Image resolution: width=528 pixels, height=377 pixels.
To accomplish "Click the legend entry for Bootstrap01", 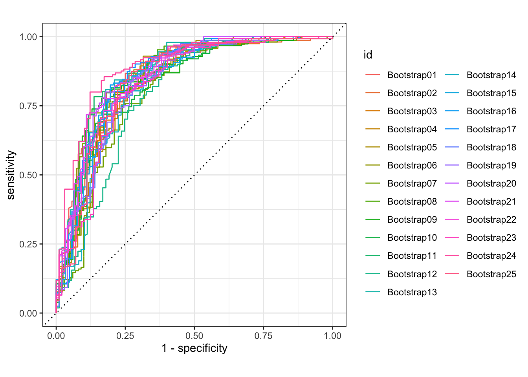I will click(412, 75).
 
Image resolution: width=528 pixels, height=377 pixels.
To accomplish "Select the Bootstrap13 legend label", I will click(412, 292).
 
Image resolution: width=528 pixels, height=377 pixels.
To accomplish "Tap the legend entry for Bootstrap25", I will click(491, 274).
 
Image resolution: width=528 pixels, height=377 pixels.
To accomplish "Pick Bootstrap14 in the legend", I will click(491, 75).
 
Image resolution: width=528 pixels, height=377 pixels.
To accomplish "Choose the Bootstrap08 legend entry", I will click(412, 201).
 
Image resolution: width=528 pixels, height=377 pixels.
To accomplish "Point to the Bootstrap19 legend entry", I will click(491, 165).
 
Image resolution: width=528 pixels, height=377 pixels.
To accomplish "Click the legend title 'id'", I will click(368, 55).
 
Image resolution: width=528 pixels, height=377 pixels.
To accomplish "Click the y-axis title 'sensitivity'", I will click(11, 175).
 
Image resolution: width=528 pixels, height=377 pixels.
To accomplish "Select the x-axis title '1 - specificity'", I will click(194, 348).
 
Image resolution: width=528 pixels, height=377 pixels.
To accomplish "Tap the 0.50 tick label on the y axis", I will click(28, 175).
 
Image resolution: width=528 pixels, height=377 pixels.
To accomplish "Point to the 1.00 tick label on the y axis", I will click(28, 37).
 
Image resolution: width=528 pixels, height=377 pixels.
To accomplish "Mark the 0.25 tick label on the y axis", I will click(28, 244).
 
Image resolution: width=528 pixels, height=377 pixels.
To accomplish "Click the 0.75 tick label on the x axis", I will click(263, 336).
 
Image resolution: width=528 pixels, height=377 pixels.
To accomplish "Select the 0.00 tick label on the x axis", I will click(56, 336).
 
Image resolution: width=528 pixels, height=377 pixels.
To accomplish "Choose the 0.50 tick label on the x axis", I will click(194, 336).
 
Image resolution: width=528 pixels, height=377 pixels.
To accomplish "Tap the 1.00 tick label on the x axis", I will click(332, 336).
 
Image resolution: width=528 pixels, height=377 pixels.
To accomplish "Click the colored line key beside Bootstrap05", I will click(373, 147).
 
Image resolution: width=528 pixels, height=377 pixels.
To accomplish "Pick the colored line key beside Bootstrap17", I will click(452, 129).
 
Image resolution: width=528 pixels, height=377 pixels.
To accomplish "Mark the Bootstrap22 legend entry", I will click(491, 220).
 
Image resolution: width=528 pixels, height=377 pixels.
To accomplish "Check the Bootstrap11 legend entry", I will click(412, 256).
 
